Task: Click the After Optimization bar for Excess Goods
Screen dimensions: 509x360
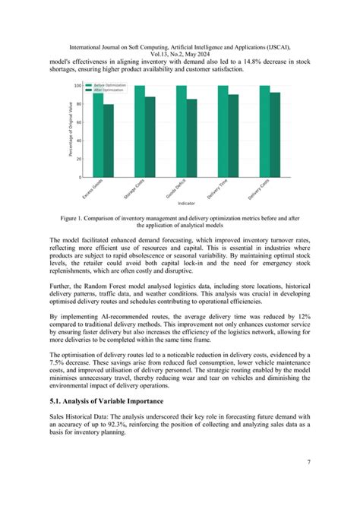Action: pyautogui.click(x=109, y=141)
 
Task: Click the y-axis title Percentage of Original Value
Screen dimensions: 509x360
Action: pyautogui.click(x=70, y=131)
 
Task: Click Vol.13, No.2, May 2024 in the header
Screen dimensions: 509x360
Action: pyautogui.click(x=180, y=52)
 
